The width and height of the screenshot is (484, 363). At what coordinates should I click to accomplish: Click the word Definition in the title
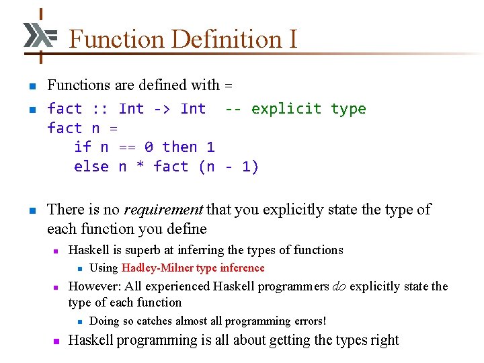pos(218,39)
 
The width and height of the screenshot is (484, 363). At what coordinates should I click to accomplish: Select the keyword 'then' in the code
pos(179,147)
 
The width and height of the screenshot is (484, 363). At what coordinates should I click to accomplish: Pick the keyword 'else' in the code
pos(91,167)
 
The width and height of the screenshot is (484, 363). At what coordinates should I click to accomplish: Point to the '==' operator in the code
pos(126,147)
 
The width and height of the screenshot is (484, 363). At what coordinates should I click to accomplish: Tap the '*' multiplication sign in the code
pos(140,167)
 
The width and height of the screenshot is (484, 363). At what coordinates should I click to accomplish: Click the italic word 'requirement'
pos(164,210)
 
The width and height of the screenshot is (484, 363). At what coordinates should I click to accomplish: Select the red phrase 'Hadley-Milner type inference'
pos(193,268)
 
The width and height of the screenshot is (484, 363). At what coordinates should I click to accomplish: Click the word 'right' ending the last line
pos(385,340)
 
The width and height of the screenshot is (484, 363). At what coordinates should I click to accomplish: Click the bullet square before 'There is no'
pos(31,211)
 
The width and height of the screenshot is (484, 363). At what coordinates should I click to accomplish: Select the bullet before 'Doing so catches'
pos(79,322)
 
